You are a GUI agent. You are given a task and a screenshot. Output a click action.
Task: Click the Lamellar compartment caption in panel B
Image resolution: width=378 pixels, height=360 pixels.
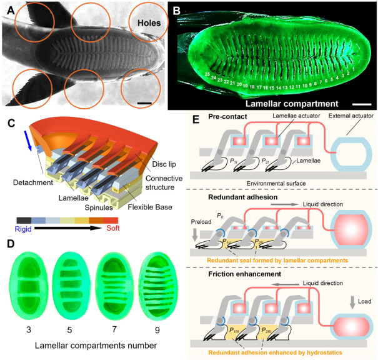pyautogui.click(x=292, y=103)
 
